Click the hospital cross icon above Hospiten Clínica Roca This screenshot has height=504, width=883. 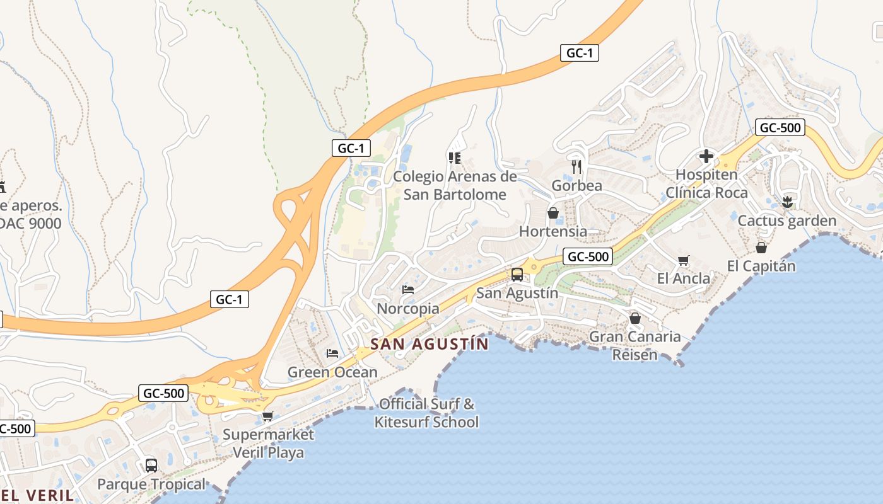[706, 156]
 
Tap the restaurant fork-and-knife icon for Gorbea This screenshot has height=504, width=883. [576, 167]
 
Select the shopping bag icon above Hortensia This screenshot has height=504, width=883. [553, 213]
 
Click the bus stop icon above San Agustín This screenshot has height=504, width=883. [517, 275]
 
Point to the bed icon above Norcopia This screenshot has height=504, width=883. [408, 290]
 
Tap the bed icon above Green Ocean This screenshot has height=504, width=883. [332, 353]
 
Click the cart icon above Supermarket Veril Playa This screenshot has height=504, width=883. [268, 416]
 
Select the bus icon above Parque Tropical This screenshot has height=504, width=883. [151, 466]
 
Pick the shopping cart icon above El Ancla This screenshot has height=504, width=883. [683, 260]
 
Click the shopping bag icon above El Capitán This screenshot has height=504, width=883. [761, 248]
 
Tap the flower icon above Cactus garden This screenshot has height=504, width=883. [787, 202]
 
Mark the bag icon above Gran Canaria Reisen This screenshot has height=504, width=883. [635, 318]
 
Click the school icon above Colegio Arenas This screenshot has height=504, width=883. [455, 157]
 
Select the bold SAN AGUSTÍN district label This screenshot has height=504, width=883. [430, 345]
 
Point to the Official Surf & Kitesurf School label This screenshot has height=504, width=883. [427, 413]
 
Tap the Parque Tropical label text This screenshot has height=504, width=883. [151, 484]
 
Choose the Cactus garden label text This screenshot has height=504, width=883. [787, 221]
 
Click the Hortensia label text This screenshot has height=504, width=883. [553, 231]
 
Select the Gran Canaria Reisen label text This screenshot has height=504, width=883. [634, 345]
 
